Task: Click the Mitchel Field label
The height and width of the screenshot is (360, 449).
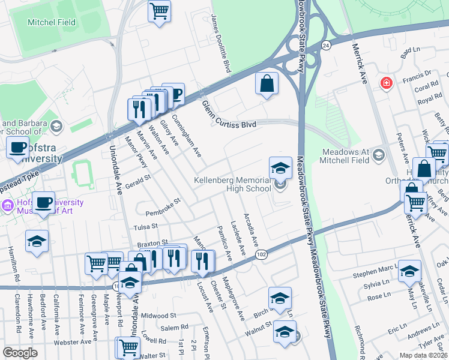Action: click(52, 23)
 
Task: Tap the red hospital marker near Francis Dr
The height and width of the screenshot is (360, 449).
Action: click(387, 82)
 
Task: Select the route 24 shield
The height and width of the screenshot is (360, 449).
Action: click(325, 46)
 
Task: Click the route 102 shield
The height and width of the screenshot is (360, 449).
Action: click(261, 254)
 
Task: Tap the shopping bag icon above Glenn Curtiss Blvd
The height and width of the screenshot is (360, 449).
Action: click(267, 84)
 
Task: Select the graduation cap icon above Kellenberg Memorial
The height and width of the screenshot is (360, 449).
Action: click(280, 168)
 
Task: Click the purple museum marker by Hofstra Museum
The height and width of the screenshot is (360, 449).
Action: click(7, 205)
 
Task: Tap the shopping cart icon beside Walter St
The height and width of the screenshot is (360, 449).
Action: click(128, 346)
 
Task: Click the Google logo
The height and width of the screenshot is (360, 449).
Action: click(20, 352)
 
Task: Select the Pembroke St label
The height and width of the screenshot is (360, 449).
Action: click(163, 208)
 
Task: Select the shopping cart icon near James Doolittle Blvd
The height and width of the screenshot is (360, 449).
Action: click(159, 11)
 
